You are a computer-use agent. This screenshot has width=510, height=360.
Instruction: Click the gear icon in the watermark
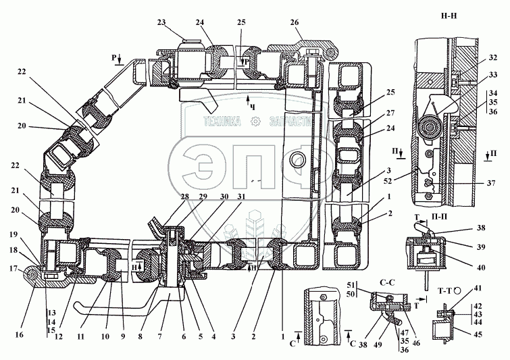(x=255, y=122)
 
